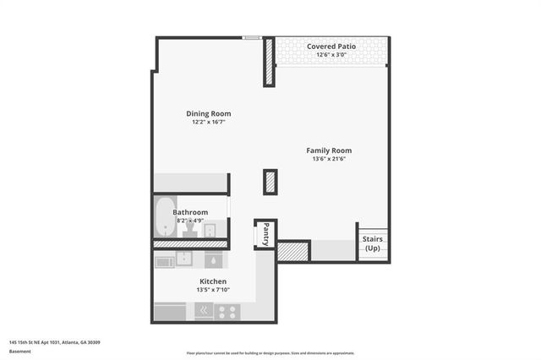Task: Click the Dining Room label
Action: (208, 113)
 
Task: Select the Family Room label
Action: (329, 150)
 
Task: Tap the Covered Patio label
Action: (331, 46)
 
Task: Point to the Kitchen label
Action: (212, 281)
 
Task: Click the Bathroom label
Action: (190, 212)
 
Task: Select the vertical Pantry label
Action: (265, 232)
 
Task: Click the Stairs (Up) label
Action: (373, 243)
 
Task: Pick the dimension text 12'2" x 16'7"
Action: (208, 122)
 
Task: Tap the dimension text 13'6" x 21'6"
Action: (329, 159)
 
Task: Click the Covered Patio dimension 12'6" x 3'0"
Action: (331, 55)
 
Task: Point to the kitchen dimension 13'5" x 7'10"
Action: (212, 290)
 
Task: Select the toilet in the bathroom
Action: (191, 226)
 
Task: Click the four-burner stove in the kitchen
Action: (227, 310)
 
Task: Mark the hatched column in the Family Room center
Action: (270, 181)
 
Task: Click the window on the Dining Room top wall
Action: (251, 36)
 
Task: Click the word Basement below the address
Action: (19, 351)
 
